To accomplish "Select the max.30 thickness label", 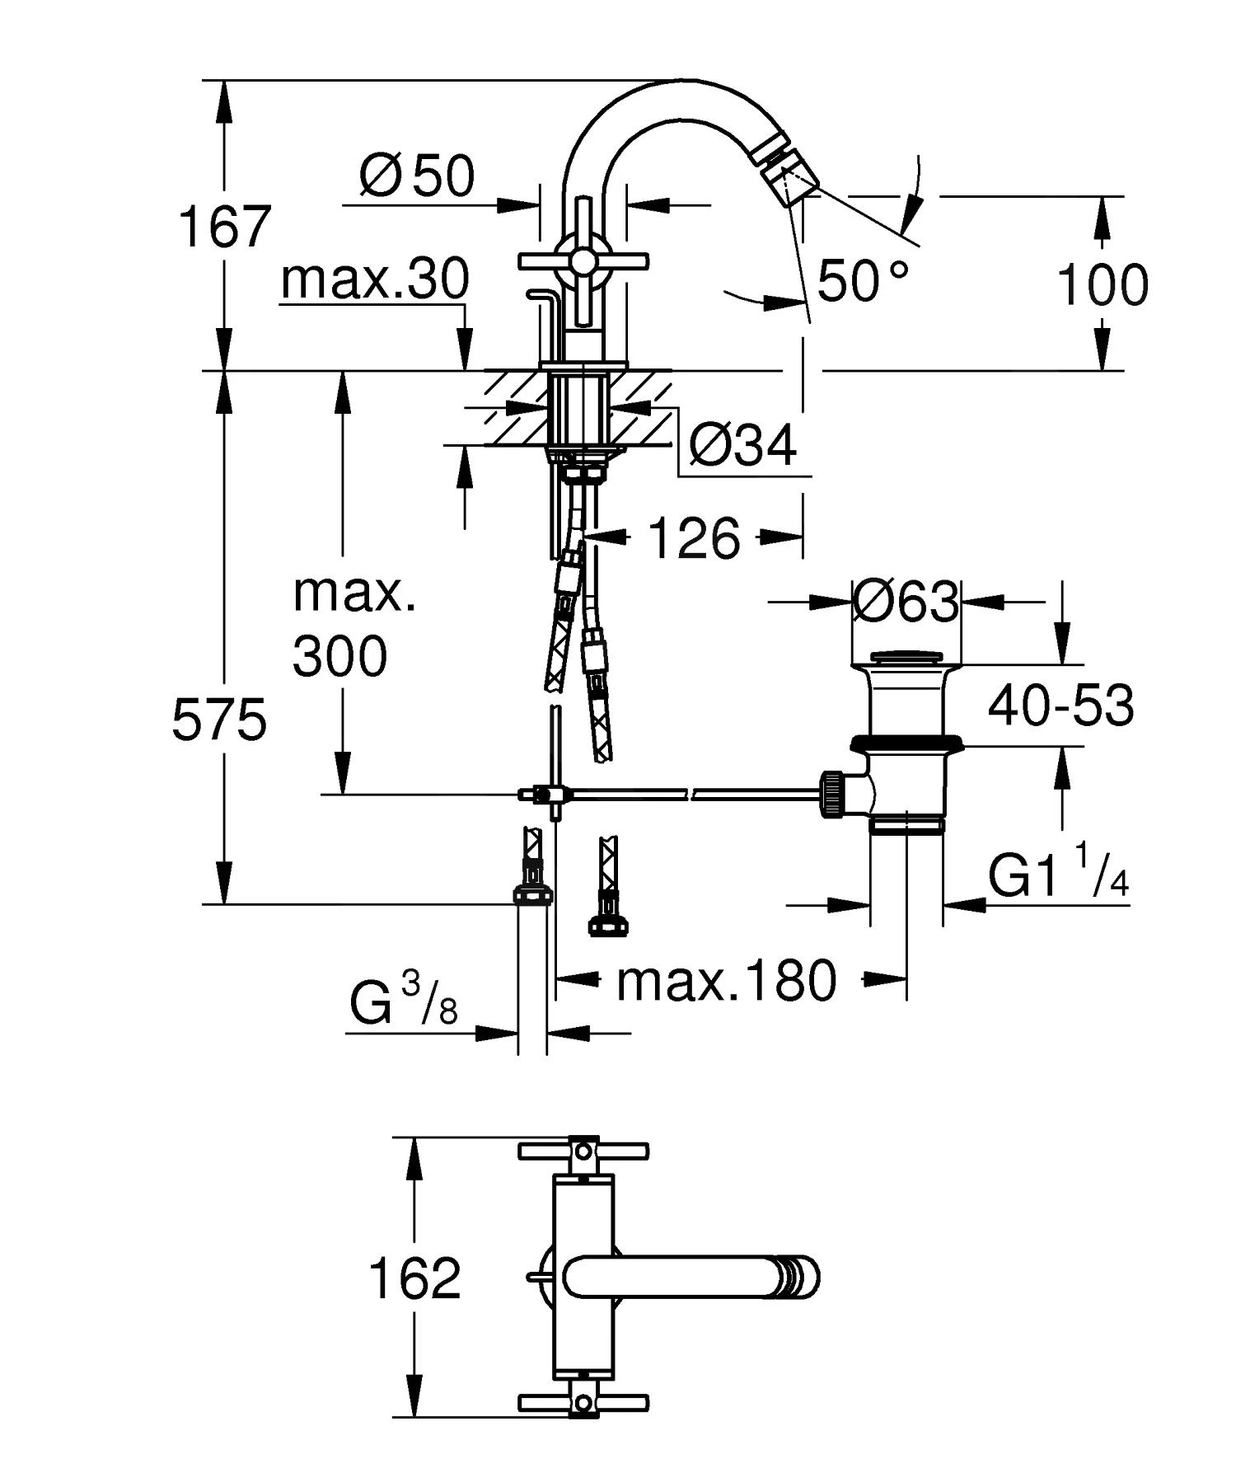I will tap(375, 279).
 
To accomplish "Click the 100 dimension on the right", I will tap(1102, 285).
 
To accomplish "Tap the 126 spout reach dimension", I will tap(694, 539).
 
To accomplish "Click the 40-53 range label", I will tap(1060, 706).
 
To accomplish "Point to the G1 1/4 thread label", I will tap(1058, 877).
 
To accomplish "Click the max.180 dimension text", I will tap(727, 981).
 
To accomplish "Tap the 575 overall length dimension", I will tap(219, 720).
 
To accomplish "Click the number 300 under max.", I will tap(339, 657).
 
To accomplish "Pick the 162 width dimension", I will tap(414, 1278).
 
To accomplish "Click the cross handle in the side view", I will tap(583, 262).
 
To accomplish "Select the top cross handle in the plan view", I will tap(583, 1150).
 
